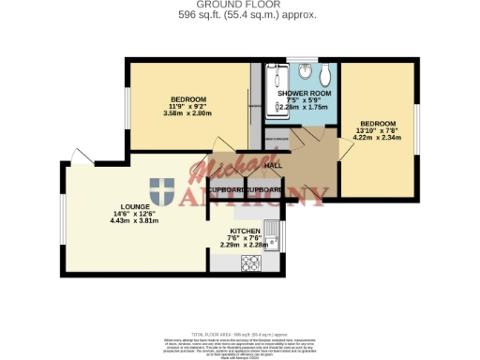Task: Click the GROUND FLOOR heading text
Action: (241, 5)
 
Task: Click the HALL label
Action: (273, 166)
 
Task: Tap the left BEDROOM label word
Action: (187, 99)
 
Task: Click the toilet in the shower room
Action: (325, 73)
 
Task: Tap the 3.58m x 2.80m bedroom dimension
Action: (187, 114)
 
